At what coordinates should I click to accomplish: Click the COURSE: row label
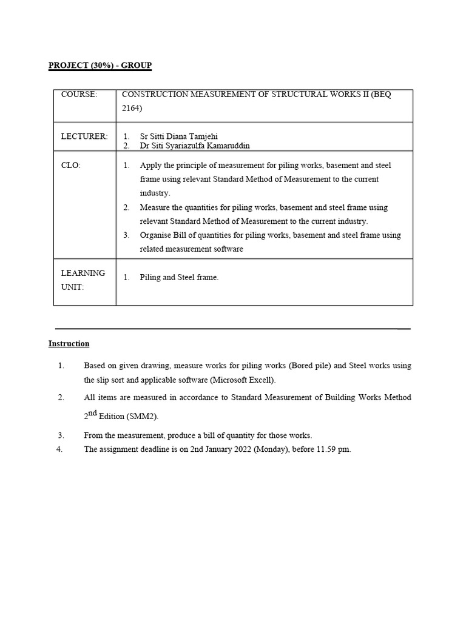tap(79, 95)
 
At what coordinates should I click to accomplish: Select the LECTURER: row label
tap(84, 136)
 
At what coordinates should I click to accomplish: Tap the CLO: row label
tap(70, 165)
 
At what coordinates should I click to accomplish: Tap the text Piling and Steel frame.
tap(179, 277)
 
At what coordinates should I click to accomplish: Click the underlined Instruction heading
tap(69, 344)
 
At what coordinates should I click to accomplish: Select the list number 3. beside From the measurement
tap(61, 435)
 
